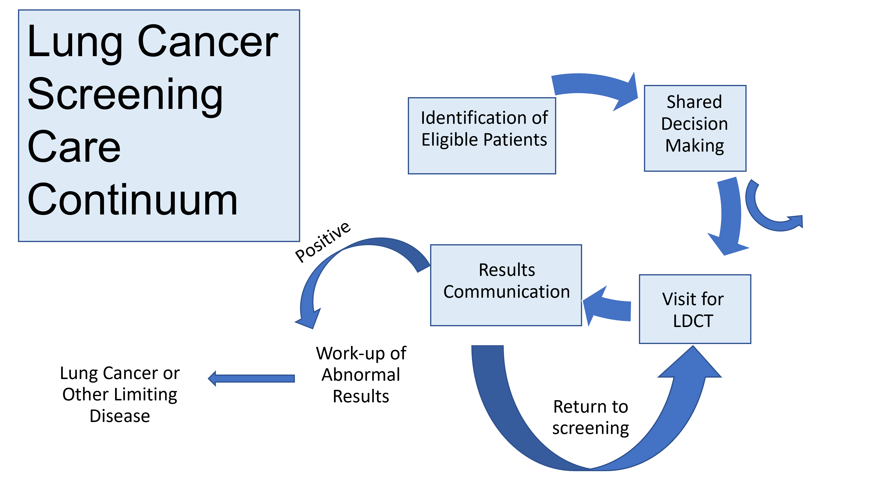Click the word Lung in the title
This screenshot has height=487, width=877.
point(75,42)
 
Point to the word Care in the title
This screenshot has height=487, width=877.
point(74,147)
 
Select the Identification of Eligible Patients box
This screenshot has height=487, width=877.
point(482,136)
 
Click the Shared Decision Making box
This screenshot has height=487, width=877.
point(695,128)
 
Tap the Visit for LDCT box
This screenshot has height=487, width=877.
point(695,309)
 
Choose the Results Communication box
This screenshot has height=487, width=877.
point(506,285)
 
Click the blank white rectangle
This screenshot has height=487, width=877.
point(476,209)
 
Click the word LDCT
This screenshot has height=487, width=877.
point(693,321)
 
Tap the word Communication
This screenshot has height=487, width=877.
point(507,292)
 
